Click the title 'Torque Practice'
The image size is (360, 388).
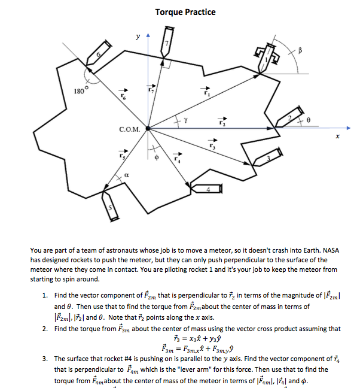coord(185,12)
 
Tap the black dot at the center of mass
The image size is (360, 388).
coord(148,128)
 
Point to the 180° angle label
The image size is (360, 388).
coord(81,91)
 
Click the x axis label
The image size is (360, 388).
coord(337,137)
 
